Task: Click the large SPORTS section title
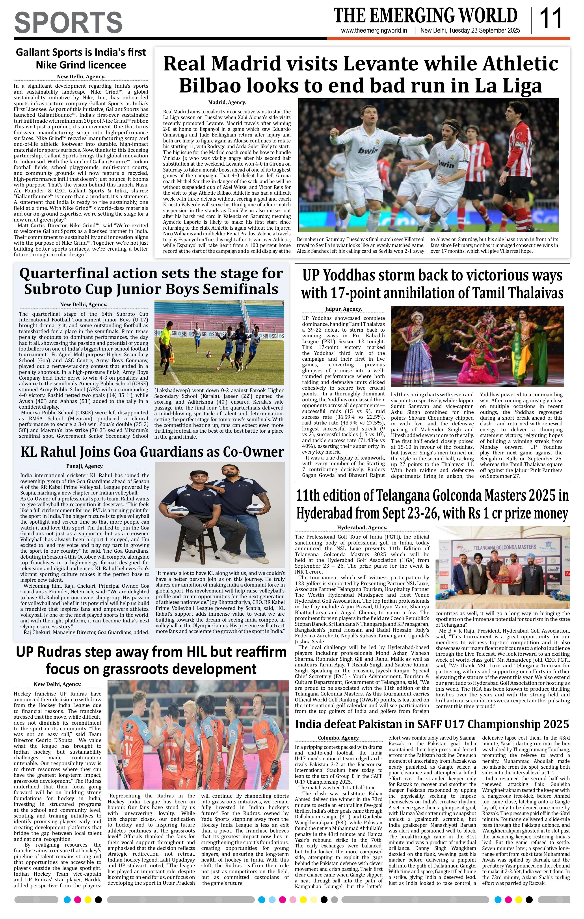(68, 22)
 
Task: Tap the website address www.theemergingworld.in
(374, 31)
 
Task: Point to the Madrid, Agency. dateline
(227, 102)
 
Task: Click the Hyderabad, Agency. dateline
(362, 528)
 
